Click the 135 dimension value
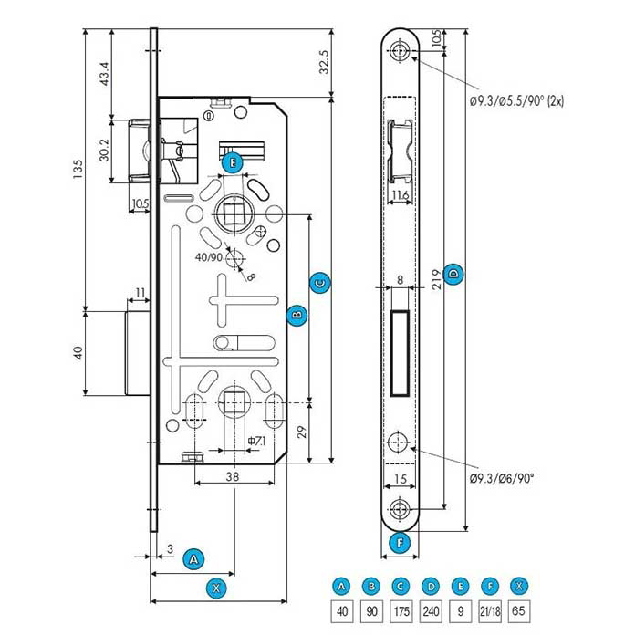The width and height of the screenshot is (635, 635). point(79,167)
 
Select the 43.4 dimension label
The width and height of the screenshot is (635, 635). point(104,74)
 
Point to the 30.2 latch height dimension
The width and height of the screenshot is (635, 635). point(104,149)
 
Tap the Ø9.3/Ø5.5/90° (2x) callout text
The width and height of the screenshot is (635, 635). point(517,101)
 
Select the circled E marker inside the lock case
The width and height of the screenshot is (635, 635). point(234,163)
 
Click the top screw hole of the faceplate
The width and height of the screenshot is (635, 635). point(401,52)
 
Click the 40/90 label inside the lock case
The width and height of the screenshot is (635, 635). point(209,258)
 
